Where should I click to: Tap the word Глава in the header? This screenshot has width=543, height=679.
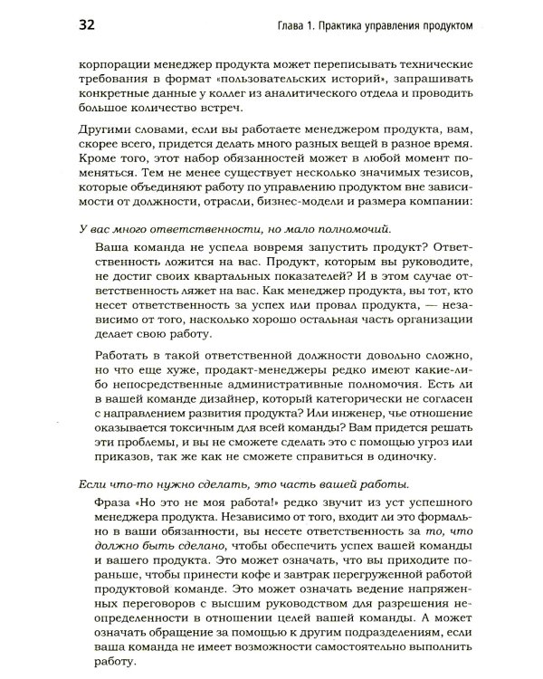[295, 25]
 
